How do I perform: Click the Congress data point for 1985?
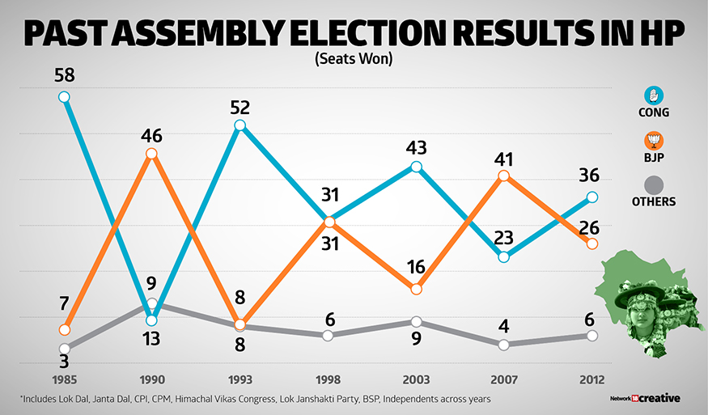[64, 97]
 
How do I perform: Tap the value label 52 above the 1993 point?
[240, 108]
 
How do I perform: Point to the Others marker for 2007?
[504, 345]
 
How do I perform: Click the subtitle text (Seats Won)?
[354, 60]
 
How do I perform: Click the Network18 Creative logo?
[644, 398]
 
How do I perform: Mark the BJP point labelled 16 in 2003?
[416, 289]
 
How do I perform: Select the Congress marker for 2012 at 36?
[592, 197]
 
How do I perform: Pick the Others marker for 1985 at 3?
[64, 349]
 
